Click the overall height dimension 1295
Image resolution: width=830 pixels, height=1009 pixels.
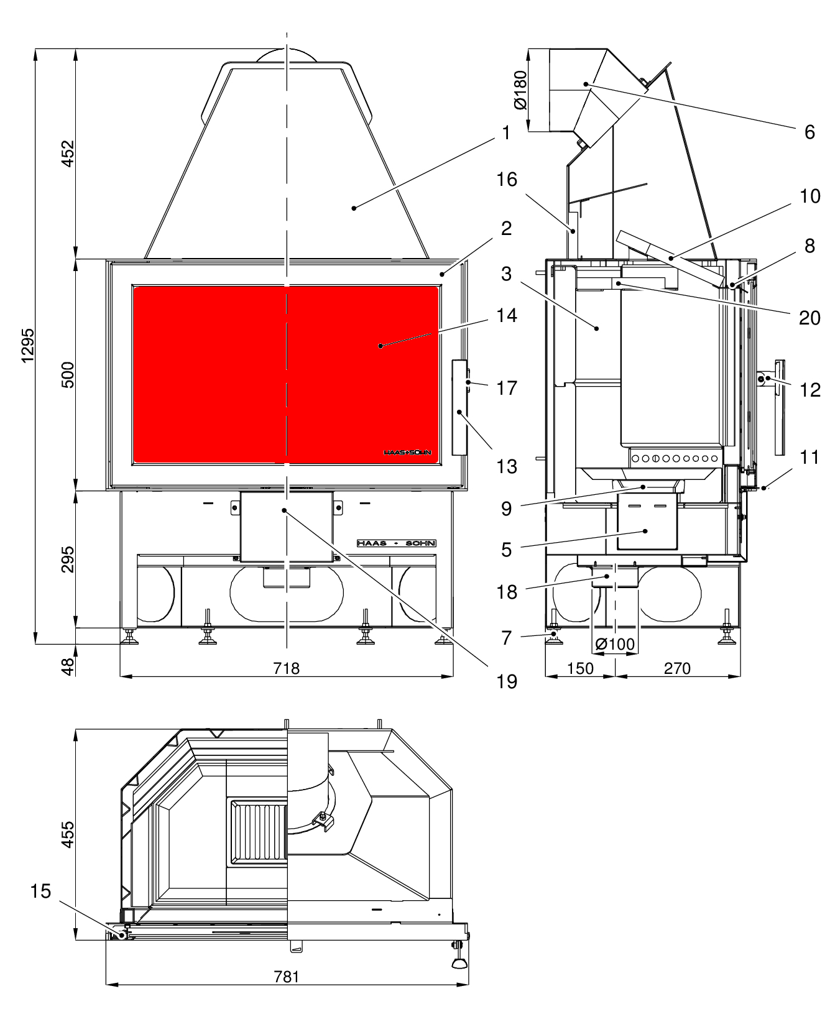(28, 346)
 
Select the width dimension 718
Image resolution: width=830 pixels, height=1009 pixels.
(286, 668)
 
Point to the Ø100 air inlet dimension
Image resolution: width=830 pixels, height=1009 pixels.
(616, 645)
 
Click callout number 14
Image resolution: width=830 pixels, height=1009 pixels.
(507, 315)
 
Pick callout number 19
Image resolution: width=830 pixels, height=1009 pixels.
(507, 681)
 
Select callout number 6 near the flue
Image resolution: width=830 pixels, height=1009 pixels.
(809, 132)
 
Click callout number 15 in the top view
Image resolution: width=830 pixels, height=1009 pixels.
(40, 891)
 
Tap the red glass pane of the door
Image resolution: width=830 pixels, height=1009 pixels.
(249, 373)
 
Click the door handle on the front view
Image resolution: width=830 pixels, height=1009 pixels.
(459, 407)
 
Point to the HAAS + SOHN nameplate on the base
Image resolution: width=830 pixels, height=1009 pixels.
(397, 543)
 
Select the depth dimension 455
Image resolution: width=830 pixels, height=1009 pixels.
(67, 834)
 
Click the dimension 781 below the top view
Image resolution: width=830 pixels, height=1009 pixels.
(286, 976)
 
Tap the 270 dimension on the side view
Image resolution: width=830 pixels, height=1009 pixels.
(677, 668)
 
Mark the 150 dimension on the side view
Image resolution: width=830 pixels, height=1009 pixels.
(580, 668)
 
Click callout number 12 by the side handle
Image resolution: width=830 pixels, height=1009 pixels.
(810, 390)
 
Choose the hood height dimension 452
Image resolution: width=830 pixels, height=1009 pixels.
(67, 154)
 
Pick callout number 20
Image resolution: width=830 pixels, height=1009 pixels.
(809, 318)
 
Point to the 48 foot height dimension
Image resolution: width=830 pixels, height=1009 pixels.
(67, 666)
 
